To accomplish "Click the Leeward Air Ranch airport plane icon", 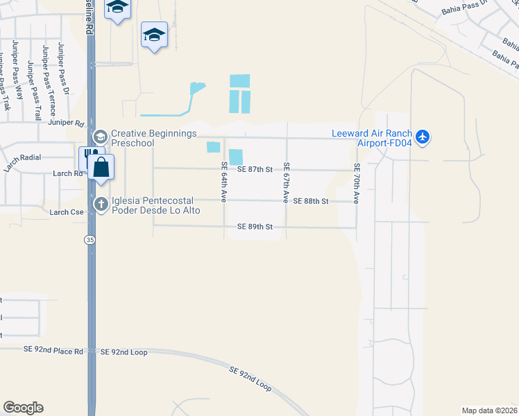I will tap(424, 137).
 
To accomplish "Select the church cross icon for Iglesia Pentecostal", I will tap(101, 205).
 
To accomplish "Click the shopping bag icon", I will tap(101, 167).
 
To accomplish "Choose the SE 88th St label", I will tap(310, 201).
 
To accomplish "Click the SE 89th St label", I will tap(255, 227).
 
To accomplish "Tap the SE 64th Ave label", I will tap(224, 182).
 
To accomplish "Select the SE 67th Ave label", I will tap(285, 182).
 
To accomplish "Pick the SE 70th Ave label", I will tap(357, 183).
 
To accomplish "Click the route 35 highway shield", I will tap(90, 240).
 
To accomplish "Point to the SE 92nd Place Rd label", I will tap(53, 352).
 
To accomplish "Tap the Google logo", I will tap(23, 408).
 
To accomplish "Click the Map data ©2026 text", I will tap(489, 410).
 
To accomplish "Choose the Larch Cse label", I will tap(66, 211).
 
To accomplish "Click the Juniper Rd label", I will tap(66, 123).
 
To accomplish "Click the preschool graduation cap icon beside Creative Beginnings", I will tap(101, 137).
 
